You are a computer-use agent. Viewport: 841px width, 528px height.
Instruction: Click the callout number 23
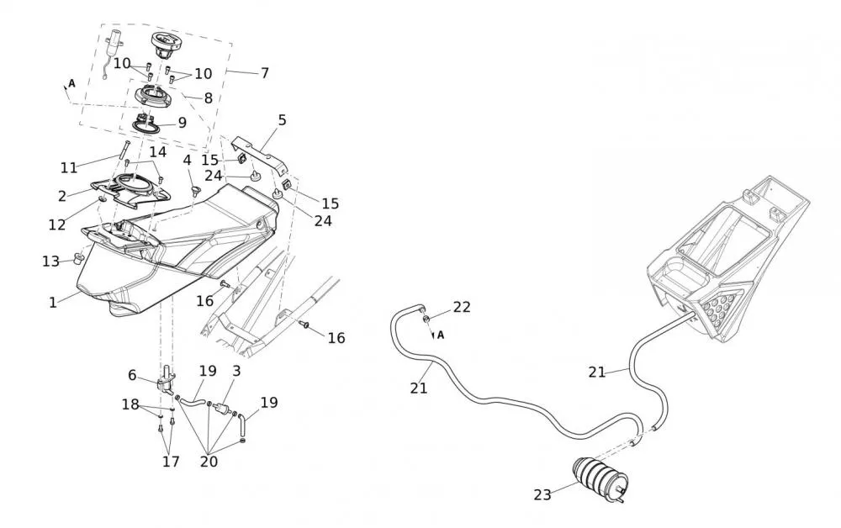(542, 495)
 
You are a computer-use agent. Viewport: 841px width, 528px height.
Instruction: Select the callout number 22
(462, 307)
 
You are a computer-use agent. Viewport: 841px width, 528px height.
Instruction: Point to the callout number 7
(264, 73)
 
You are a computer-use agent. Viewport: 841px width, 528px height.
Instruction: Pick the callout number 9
(182, 122)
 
